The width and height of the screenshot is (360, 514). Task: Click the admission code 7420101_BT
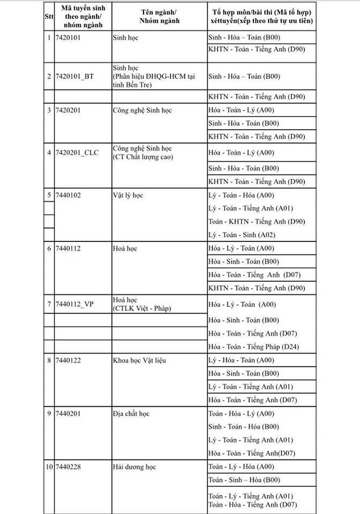click(x=74, y=76)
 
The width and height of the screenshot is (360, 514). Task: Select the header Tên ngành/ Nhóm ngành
click(x=159, y=15)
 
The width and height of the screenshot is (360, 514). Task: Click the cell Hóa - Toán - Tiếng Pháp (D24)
click(x=253, y=347)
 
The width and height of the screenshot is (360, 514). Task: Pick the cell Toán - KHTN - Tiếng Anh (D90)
click(x=256, y=221)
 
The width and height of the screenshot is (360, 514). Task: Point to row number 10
click(x=49, y=467)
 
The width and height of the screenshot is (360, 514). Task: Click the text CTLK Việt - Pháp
click(x=141, y=309)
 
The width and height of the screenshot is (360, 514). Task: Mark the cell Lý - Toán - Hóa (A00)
click(x=242, y=195)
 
